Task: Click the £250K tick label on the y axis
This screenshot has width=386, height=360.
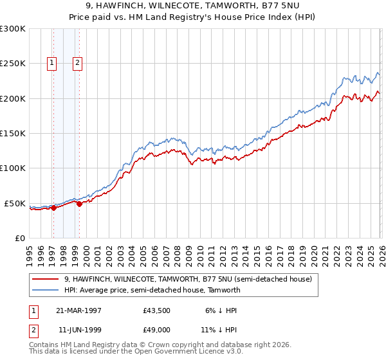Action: click(13, 64)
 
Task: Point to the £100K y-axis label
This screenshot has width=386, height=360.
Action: click(13, 168)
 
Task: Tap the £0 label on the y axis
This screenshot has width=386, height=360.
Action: click(20, 239)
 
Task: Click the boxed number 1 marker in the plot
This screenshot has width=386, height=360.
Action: click(51, 63)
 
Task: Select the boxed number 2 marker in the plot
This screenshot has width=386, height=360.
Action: click(77, 63)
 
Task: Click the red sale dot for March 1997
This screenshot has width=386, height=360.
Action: click(54, 208)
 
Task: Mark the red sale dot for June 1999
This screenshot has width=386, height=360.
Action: click(79, 204)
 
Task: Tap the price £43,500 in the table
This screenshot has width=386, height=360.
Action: click(156, 310)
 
